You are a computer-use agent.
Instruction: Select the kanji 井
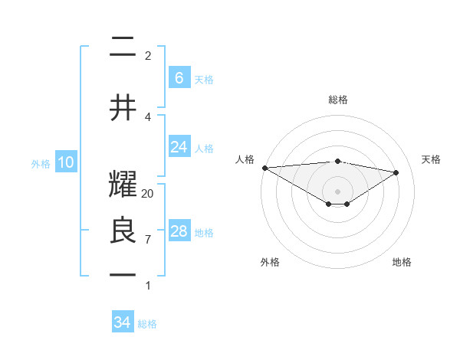tap(123, 107)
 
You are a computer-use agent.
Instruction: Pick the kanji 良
tap(123, 231)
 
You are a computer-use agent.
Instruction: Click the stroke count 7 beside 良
tap(148, 240)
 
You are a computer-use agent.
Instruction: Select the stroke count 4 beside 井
tap(148, 116)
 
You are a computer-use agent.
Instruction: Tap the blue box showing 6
tap(179, 78)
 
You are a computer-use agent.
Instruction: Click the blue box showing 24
tap(179, 147)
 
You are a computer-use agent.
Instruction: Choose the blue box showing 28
tap(179, 231)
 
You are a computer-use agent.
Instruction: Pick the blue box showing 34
tap(122, 322)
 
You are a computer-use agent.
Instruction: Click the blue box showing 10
tap(65, 162)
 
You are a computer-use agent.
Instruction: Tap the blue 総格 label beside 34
tap(147, 324)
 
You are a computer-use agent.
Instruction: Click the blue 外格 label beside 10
tap(41, 163)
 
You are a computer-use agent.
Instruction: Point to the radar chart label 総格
tap(337, 100)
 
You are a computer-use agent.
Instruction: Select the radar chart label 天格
tap(432, 159)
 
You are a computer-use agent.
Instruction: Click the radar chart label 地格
tap(402, 262)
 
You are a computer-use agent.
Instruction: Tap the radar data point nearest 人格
tap(264, 168)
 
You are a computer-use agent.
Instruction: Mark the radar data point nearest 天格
tap(396, 172)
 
